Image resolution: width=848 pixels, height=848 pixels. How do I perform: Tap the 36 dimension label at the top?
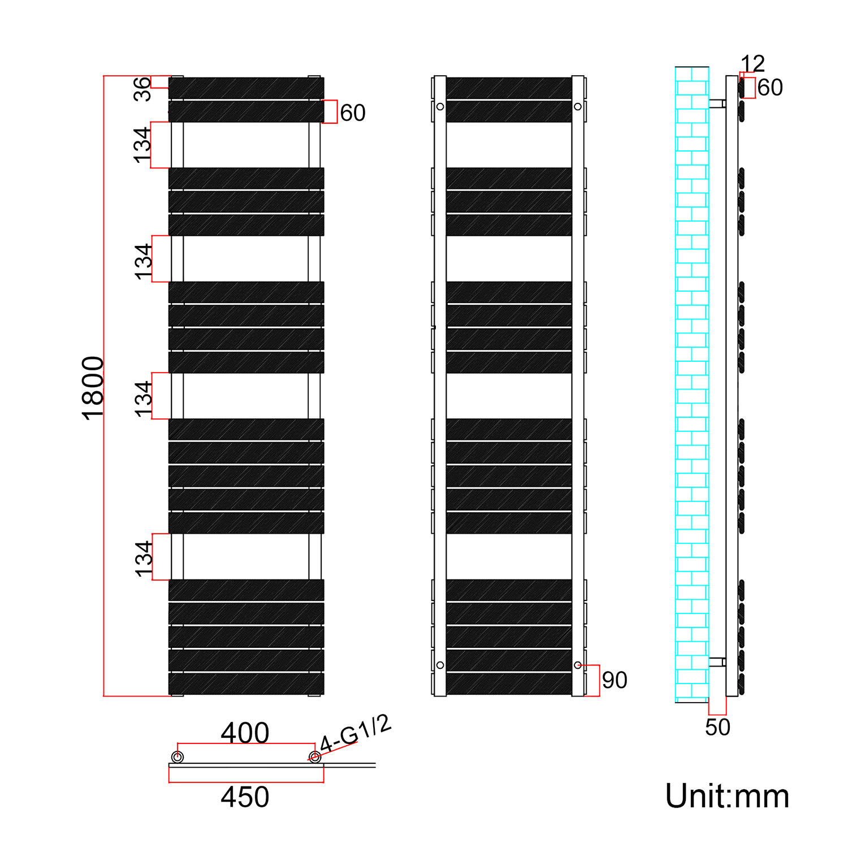point(142,89)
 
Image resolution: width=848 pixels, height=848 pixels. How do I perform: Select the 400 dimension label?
point(245,733)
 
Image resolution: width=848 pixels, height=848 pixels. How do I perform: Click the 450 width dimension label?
point(245,797)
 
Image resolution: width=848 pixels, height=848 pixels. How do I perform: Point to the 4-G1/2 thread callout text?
point(355,734)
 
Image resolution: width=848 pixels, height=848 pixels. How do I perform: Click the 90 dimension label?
point(615,680)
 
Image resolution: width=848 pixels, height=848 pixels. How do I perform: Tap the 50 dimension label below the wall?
point(717,728)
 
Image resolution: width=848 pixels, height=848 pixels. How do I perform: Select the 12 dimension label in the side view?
point(752,63)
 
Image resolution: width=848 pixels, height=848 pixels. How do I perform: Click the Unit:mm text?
point(727,797)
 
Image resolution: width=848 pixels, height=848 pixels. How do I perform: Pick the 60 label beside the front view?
point(353,113)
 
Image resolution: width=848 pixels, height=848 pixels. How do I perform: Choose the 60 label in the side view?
point(770,88)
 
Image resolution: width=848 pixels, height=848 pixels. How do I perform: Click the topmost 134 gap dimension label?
point(142,145)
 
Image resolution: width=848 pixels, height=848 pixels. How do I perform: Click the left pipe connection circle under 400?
point(178,757)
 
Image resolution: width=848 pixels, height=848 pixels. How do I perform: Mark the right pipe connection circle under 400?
point(315,757)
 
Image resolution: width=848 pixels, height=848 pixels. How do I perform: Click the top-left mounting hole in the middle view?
point(440,107)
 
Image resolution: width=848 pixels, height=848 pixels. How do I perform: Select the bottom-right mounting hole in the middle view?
point(578,665)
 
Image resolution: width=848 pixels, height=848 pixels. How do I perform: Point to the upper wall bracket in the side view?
point(717,104)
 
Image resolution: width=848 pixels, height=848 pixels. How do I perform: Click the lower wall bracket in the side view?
point(717,662)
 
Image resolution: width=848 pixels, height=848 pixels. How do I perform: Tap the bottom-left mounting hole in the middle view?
point(440,665)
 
